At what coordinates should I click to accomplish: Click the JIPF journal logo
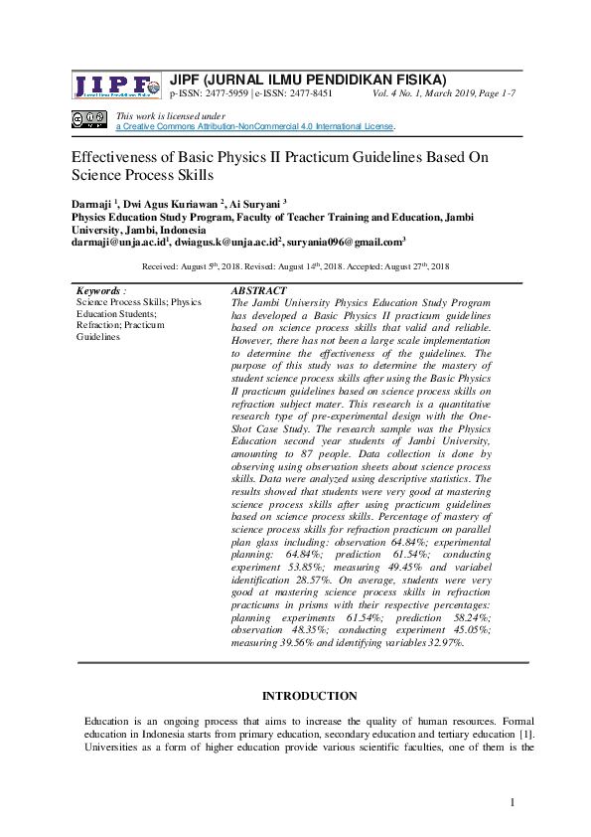(115, 86)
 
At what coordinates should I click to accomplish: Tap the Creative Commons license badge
(88, 120)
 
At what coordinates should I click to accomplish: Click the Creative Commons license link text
(255, 127)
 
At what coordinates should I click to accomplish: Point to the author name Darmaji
(91, 203)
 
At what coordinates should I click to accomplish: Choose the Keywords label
(99, 290)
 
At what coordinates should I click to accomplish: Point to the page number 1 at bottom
(513, 802)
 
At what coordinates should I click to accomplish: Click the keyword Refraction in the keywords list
(98, 325)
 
